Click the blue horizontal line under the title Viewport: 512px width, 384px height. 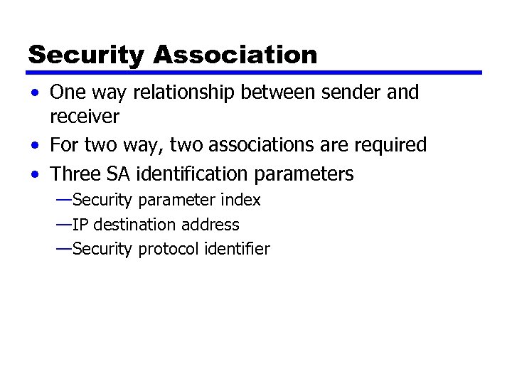point(254,73)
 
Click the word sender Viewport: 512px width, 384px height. point(341,92)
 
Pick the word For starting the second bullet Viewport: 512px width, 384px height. point(65,145)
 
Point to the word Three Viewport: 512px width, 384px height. point(75,174)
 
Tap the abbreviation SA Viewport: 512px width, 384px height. point(121,174)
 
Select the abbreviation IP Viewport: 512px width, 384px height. point(80,225)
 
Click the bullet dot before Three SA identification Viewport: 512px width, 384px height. point(35,174)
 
